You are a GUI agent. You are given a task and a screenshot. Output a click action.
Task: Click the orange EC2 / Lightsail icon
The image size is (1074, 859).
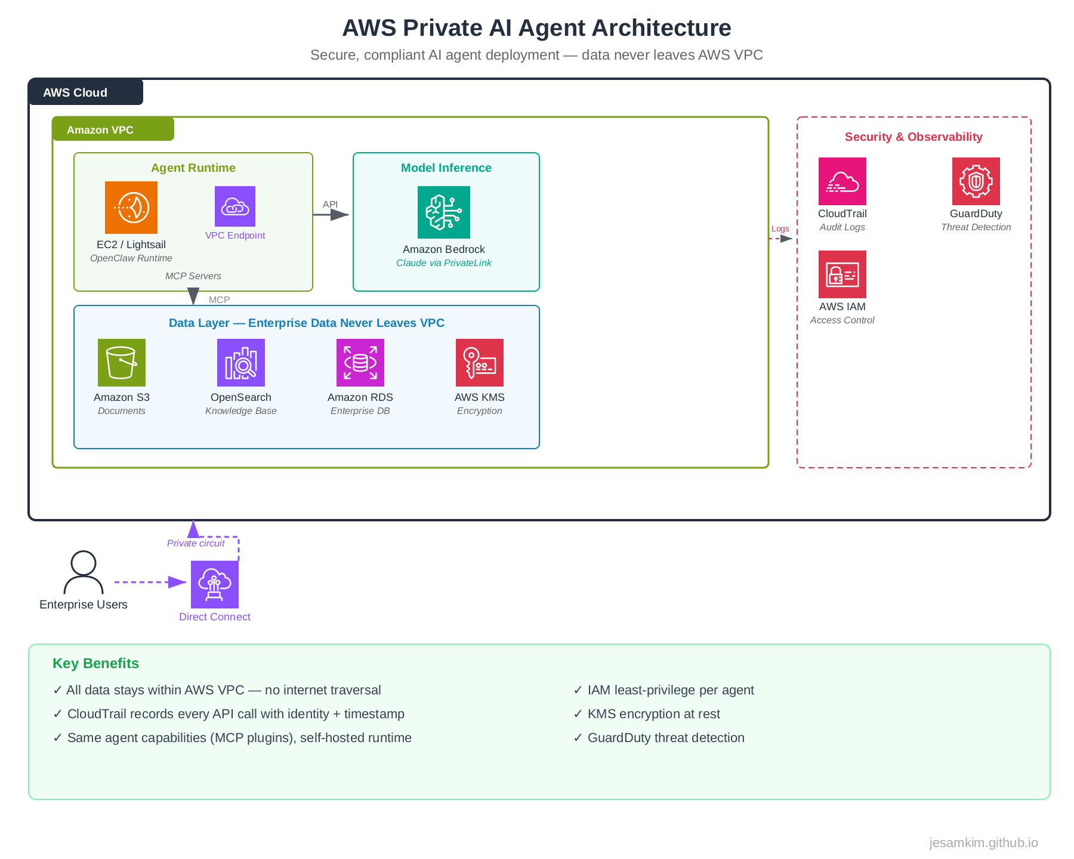tap(131, 208)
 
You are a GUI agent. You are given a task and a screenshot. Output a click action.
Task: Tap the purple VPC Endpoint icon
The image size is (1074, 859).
tap(235, 206)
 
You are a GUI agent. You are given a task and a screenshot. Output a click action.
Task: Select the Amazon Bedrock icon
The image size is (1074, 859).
tap(444, 212)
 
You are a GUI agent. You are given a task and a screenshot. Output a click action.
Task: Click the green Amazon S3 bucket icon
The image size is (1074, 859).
tap(122, 363)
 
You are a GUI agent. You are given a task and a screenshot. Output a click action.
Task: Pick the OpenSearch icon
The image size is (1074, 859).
tap(241, 363)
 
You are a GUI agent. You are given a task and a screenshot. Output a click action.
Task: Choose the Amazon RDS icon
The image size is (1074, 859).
tap(360, 363)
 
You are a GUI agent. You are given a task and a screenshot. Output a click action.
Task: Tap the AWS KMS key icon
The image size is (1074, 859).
tap(480, 363)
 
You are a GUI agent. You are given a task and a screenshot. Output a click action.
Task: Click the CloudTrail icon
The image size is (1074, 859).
tap(842, 181)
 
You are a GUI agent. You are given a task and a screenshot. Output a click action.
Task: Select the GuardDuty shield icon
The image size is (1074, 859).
tap(976, 181)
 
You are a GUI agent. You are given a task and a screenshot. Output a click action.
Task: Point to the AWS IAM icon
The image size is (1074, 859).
tap(842, 274)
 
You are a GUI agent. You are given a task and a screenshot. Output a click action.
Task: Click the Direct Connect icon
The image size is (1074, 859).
tap(215, 585)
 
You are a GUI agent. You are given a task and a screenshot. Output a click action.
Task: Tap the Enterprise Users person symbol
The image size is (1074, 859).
tap(84, 572)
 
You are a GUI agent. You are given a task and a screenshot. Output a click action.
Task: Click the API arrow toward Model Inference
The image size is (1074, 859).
tap(332, 215)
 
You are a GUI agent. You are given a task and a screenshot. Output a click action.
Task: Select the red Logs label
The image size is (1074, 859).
tap(780, 229)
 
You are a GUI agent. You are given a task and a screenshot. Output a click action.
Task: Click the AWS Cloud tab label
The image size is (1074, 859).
tap(75, 92)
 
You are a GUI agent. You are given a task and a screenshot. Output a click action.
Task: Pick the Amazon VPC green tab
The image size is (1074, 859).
tap(100, 130)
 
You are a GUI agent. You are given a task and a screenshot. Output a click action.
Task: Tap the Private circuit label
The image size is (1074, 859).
tap(196, 543)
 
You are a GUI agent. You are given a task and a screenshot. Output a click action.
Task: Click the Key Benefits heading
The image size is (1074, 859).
tap(95, 663)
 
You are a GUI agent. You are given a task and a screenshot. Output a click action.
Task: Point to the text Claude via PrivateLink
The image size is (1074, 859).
tap(444, 263)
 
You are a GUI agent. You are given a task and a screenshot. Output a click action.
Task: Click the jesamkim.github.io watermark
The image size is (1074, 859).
tap(983, 843)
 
